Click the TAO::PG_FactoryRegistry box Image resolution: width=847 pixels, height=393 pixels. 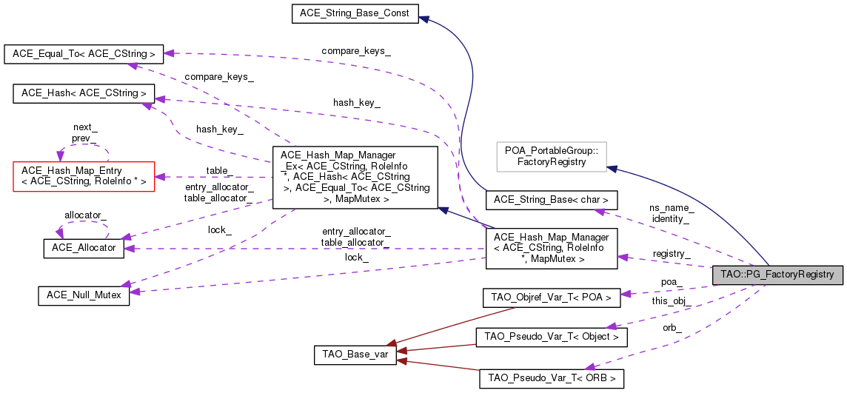pos(777,275)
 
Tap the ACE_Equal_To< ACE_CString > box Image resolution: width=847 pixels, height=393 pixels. pos(84,54)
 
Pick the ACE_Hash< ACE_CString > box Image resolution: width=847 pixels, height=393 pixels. pos(84,93)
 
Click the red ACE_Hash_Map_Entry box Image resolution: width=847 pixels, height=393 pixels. pos(84,177)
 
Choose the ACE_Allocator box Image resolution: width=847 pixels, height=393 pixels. pos(84,247)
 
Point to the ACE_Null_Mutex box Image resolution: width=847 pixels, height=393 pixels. pos(84,295)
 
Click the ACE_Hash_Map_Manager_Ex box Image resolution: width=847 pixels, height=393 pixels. pos(355,177)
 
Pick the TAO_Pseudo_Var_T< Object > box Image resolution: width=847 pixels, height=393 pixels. pos(551,337)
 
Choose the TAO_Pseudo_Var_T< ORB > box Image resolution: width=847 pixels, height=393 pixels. pos(551,378)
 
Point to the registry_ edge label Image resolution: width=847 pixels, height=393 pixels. pos(672,253)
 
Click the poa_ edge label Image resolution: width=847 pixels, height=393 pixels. pos(672,282)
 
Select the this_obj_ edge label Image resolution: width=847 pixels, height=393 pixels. pos(671,301)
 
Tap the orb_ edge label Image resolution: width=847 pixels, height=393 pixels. pos(672,328)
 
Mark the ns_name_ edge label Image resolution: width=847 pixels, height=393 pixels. pos(671,208)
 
